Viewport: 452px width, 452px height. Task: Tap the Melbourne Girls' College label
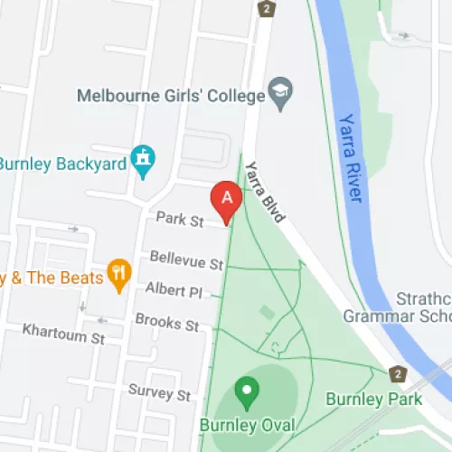click(x=171, y=96)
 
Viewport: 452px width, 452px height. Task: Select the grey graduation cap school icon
click(x=280, y=95)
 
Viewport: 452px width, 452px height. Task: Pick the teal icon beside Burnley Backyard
click(x=142, y=161)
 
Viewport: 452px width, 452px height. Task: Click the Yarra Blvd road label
click(x=265, y=192)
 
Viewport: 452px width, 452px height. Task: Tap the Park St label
click(x=177, y=219)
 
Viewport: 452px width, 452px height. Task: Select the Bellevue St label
click(x=187, y=263)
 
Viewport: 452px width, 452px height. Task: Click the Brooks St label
click(x=166, y=322)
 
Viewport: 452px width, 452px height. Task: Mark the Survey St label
click(x=159, y=395)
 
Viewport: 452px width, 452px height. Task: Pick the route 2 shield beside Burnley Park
click(x=396, y=373)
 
